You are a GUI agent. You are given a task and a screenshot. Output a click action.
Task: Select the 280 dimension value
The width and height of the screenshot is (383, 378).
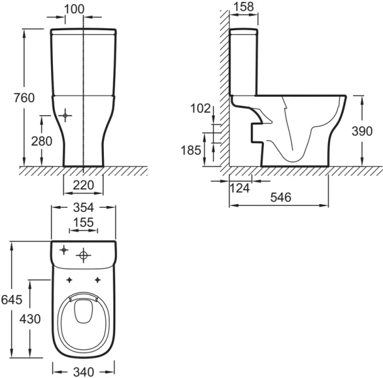[x=41, y=141]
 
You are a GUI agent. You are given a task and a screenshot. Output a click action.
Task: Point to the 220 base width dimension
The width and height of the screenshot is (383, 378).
[x=83, y=185]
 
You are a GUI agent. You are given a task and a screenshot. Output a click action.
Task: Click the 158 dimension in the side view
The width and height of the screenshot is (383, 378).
[x=243, y=8]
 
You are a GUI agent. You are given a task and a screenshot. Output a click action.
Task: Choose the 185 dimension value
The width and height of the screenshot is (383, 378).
[x=191, y=150]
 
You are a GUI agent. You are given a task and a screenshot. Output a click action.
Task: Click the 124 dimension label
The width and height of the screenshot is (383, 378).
[x=241, y=188]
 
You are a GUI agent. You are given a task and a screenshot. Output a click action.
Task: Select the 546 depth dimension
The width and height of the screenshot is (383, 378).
[x=280, y=197]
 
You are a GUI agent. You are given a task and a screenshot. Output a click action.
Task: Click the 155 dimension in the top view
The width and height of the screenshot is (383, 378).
[x=83, y=222]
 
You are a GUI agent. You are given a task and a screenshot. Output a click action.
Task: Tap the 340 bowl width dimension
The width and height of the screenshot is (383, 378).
[x=83, y=372]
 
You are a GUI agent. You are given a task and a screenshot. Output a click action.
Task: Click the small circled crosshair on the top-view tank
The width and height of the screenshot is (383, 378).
[x=63, y=250]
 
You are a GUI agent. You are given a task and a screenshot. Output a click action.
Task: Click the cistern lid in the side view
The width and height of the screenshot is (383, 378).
[x=244, y=31]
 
